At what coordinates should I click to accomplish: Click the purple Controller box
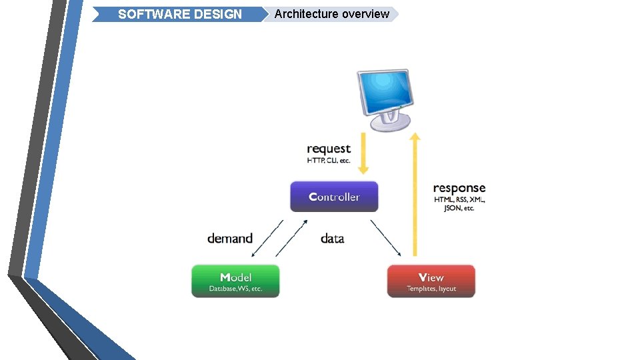point(334,197)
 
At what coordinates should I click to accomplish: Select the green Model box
point(235,281)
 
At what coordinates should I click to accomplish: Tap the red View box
point(431,281)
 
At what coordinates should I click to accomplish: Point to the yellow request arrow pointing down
point(363,153)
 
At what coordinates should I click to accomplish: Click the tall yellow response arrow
point(415,193)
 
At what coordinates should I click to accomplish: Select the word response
point(459,188)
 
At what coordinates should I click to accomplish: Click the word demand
point(230,238)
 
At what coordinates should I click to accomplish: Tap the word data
point(332,238)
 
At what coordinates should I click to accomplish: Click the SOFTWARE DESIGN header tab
point(179,14)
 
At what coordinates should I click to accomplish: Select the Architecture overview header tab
point(331,14)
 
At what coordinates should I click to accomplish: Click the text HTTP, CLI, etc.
point(329,161)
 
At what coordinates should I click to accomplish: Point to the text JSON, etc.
point(459,209)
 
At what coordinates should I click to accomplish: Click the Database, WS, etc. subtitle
point(235,289)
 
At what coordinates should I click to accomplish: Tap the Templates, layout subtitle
point(431,289)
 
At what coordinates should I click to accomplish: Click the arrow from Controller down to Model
point(268,238)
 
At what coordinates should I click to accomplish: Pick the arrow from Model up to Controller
point(292,238)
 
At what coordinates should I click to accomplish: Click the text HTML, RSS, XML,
point(459,200)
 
